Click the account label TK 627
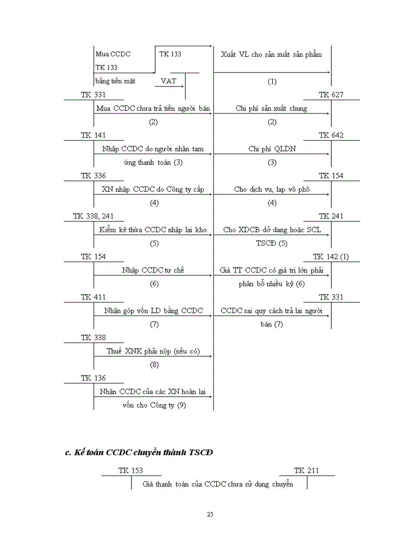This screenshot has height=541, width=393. tap(331, 95)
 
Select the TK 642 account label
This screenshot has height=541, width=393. tap(331, 135)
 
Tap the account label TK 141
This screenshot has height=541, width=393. tap(93, 135)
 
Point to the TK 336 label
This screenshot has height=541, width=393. tap(93, 176)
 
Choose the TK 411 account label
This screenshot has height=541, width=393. tap(93, 297)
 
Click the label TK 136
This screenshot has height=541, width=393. tap(93, 378)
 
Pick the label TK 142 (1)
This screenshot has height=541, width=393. tap(331, 257)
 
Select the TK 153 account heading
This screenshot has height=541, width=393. tap(131, 470)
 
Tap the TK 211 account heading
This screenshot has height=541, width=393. tap(306, 470)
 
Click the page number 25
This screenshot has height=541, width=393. tap(210, 514)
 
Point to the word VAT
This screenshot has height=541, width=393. tap(168, 81)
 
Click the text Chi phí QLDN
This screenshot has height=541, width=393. tap(272, 149)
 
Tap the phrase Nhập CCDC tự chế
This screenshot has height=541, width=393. tap(153, 270)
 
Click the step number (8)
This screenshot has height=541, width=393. tap(154, 365)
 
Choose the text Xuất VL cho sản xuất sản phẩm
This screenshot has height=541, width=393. tap(271, 54)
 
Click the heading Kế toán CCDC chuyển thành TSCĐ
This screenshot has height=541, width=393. tap(139, 452)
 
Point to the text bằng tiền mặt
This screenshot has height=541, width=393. tap(116, 81)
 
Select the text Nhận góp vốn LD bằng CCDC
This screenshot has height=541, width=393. tap(153, 311)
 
